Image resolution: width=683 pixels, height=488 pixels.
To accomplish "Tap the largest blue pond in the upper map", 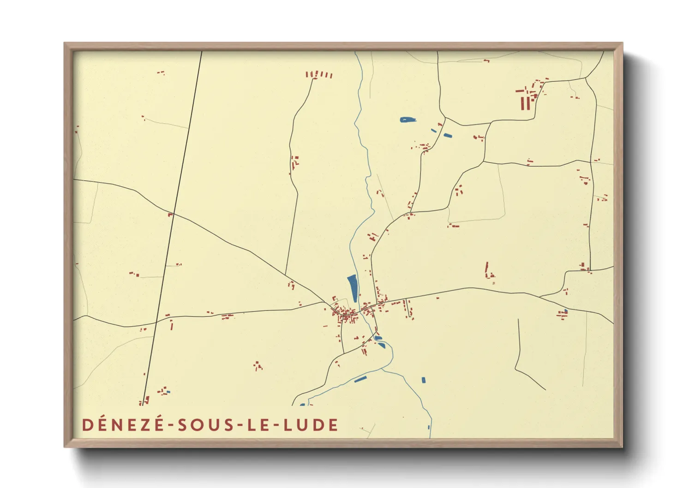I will coord(407,120).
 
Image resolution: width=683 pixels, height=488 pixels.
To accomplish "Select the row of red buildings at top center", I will coord(318,74).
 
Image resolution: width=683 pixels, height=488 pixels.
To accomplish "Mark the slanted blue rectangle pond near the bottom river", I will coord(360,380).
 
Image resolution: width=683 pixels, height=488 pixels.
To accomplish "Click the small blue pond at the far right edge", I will coord(566,311).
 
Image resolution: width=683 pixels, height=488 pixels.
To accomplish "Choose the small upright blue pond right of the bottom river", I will coord(424,380).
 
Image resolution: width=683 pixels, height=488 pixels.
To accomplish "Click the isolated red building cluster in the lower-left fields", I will coord(258,366).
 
